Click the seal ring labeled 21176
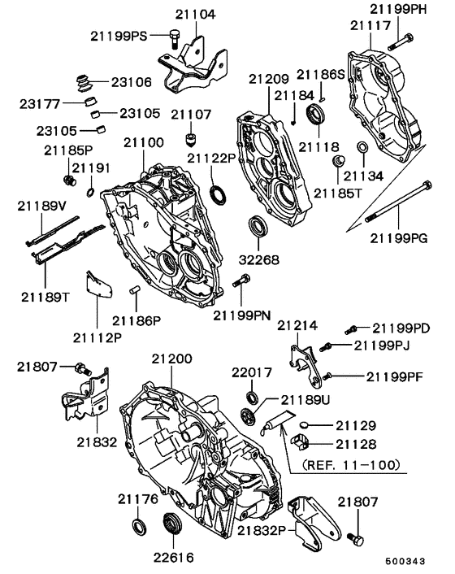coord(141,528)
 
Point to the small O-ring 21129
coord(303,424)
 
